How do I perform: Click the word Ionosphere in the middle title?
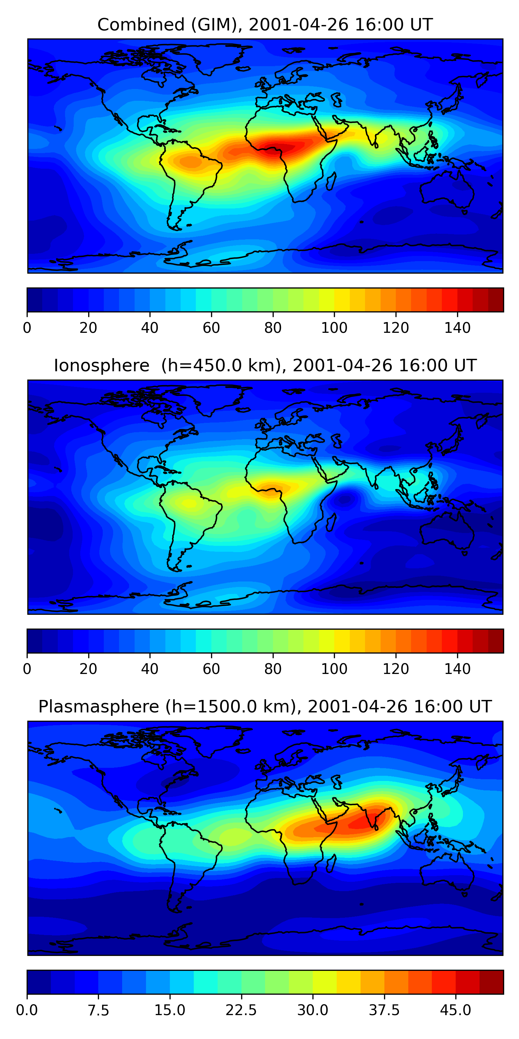coord(101,365)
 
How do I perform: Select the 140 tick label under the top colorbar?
coord(457,328)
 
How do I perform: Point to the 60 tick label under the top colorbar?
coord(211,328)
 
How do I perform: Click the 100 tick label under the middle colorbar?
coord(334,669)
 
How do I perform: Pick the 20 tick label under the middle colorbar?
coord(88,669)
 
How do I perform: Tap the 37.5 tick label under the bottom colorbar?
coord(384,1010)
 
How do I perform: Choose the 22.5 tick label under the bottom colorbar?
coord(241,1010)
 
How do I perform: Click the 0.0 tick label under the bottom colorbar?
coord(27,1010)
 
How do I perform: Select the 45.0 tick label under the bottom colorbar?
coord(456,1010)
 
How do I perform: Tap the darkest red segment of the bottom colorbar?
coord(491,982)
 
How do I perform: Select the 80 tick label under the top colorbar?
coord(273,328)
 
